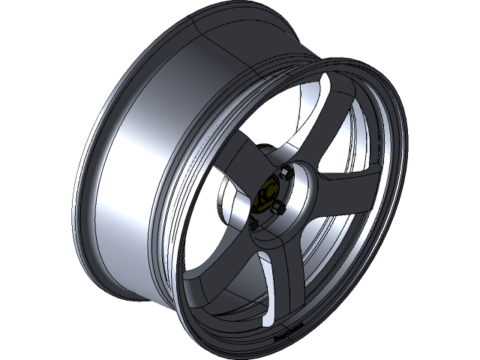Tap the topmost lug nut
coord(286,174)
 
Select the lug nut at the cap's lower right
coord(278,206)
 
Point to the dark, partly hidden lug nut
coord(253,223)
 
